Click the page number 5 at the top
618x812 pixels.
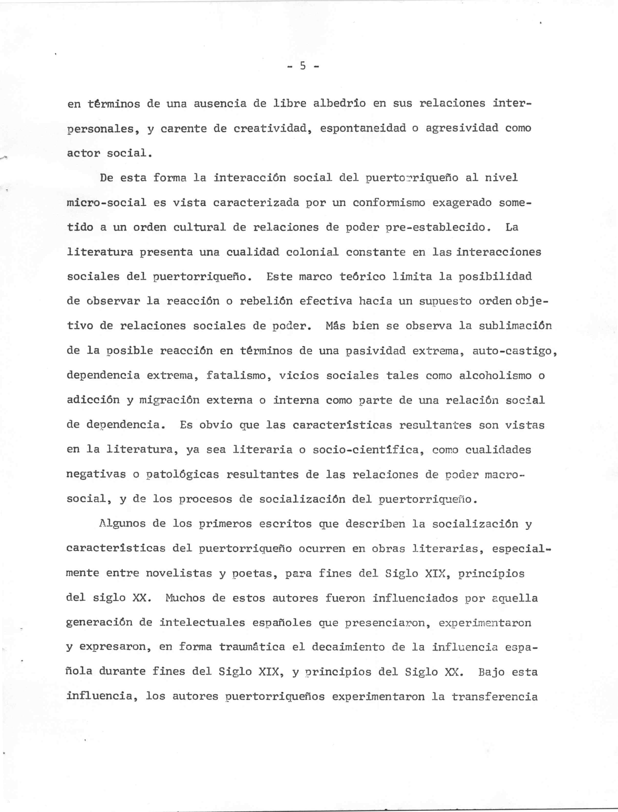pyautogui.click(x=303, y=66)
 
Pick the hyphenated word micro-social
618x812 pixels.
pyautogui.click(x=107, y=203)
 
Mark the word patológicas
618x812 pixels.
pyautogui.click(x=179, y=475)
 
